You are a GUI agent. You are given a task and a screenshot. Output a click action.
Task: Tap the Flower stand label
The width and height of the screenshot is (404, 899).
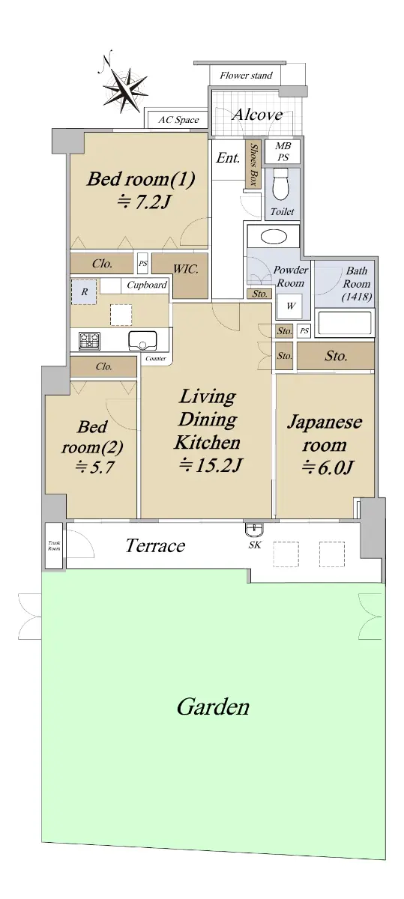pyautogui.click(x=246, y=76)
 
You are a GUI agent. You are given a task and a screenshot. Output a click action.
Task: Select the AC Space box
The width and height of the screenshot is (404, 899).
pyautogui.click(x=178, y=120)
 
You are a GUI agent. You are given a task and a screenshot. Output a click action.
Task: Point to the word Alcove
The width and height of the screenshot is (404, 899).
pyautogui.click(x=257, y=115)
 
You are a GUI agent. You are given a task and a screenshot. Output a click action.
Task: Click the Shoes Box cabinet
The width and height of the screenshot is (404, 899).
pyautogui.click(x=253, y=163)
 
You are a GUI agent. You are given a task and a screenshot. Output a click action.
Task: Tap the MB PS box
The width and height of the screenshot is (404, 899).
pyautogui.click(x=283, y=151)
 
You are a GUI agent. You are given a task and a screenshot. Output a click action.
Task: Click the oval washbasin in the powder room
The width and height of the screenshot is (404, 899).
pyautogui.click(x=274, y=237)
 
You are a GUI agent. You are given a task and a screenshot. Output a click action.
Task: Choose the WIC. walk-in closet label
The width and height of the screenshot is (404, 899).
pyautogui.click(x=186, y=268)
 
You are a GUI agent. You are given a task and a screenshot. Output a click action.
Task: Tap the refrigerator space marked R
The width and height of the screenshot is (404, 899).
pyautogui.click(x=84, y=291)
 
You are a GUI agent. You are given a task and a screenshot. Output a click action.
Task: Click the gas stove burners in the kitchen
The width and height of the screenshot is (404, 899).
pyautogui.click(x=89, y=341)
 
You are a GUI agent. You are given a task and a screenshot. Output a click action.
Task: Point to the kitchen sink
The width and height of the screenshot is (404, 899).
pyautogui.click(x=142, y=341)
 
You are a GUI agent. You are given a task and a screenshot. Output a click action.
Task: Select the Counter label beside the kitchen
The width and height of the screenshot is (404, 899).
pyautogui.click(x=156, y=358)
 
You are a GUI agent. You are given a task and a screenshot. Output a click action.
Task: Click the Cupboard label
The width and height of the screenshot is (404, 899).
pyautogui.click(x=147, y=285)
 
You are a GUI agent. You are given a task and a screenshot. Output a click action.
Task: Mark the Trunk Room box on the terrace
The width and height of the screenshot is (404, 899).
pyautogui.click(x=54, y=546)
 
